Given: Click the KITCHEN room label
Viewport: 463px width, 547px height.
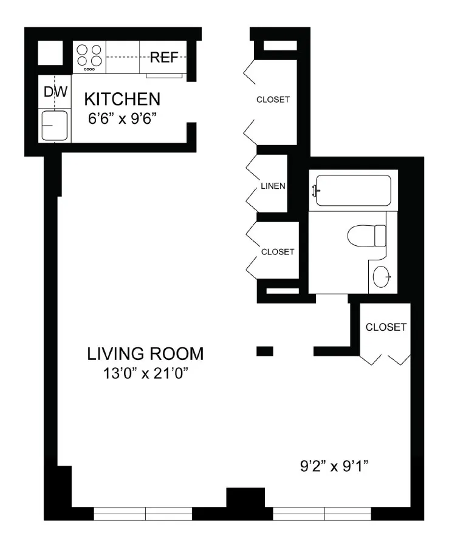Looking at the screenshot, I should click(122, 98).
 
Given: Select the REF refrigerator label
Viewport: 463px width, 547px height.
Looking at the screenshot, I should click(163, 58).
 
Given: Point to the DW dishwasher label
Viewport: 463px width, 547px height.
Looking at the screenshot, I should click(55, 92).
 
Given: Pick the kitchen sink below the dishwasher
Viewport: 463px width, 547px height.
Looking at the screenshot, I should click(55, 125).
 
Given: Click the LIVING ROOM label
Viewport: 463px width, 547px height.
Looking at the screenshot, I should click(145, 353).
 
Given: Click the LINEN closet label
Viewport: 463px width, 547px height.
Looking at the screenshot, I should click(273, 186).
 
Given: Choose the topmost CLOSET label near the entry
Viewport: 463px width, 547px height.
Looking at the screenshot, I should click(273, 100).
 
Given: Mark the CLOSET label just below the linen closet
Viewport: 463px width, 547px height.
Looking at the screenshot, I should click(277, 251).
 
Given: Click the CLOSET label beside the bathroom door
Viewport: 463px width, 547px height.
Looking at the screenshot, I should click(386, 327).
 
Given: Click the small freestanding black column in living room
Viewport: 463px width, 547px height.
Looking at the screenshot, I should click(265, 351).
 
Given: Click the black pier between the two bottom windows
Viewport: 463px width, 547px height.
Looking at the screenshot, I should click(245, 503).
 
